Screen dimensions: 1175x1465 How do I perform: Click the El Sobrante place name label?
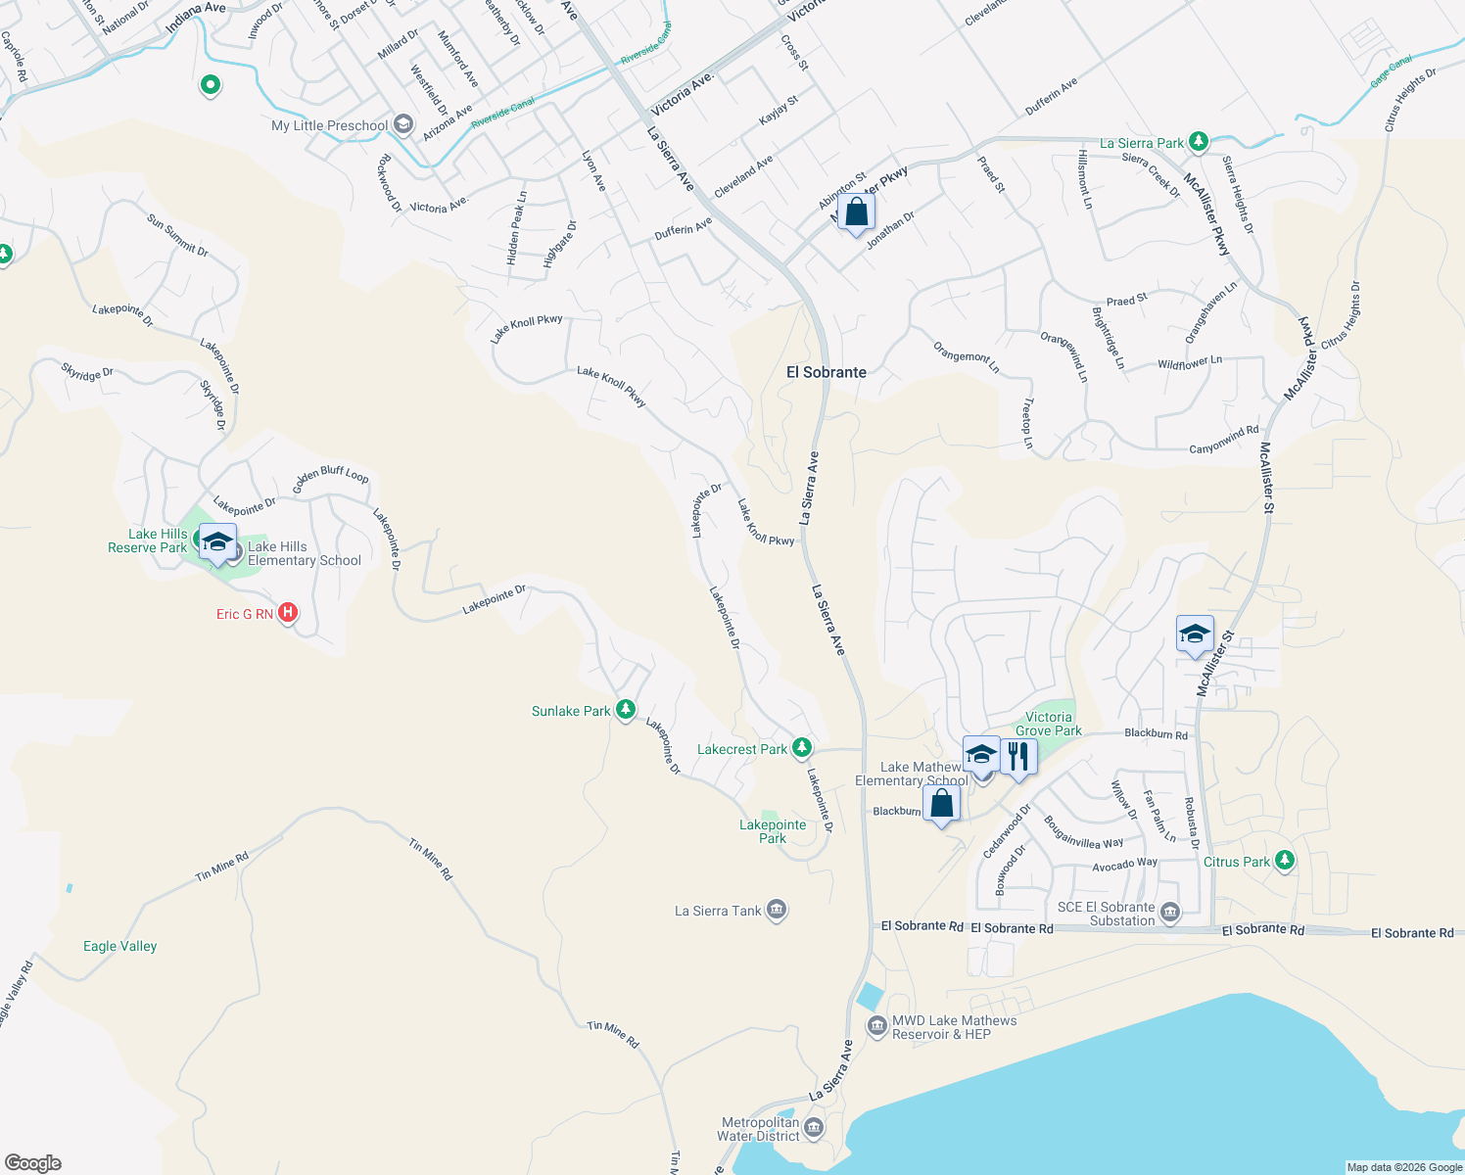point(827,372)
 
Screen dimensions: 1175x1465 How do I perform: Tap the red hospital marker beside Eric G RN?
point(287,613)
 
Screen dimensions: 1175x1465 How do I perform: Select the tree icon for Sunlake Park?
point(626,710)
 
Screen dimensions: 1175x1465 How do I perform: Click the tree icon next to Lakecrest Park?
point(802,748)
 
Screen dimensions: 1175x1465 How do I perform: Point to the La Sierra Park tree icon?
point(1198,142)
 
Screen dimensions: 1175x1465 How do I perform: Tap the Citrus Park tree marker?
point(1285,861)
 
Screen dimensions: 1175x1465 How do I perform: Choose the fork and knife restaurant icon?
point(1018,757)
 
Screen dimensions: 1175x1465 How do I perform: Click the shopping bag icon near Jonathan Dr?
point(856,212)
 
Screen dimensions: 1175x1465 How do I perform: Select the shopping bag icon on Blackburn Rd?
point(941,804)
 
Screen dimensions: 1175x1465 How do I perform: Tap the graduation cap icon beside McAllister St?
point(1195,634)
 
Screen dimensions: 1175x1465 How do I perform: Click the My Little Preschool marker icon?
point(403,125)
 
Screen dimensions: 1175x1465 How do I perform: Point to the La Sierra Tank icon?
point(776,911)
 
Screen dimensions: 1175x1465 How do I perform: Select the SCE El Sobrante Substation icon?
point(1170,914)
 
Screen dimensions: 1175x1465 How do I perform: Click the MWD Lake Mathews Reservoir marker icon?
point(877,1026)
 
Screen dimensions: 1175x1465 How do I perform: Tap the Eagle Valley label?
point(119,946)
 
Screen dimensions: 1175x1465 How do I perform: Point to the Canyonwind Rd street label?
point(1224,440)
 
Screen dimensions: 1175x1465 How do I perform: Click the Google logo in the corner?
point(33,1162)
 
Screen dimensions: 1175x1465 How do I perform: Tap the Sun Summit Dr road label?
point(177,236)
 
